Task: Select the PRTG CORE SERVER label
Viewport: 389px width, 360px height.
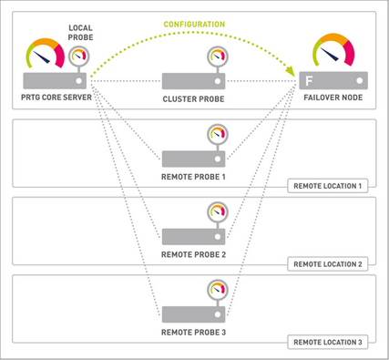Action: coord(52,98)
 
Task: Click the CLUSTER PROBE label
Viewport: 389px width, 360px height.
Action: coord(193,98)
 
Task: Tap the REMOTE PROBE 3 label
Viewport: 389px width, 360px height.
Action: coord(193,331)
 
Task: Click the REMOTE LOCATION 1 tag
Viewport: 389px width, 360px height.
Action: coord(328,185)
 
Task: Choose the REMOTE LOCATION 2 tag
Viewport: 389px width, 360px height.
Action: coord(328,263)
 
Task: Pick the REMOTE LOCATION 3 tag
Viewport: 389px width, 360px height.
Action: coord(328,342)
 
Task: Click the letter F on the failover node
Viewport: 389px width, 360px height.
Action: coord(310,80)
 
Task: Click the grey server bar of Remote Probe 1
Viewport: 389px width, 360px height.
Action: coord(193,157)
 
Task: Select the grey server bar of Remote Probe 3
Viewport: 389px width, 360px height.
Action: coord(193,314)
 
